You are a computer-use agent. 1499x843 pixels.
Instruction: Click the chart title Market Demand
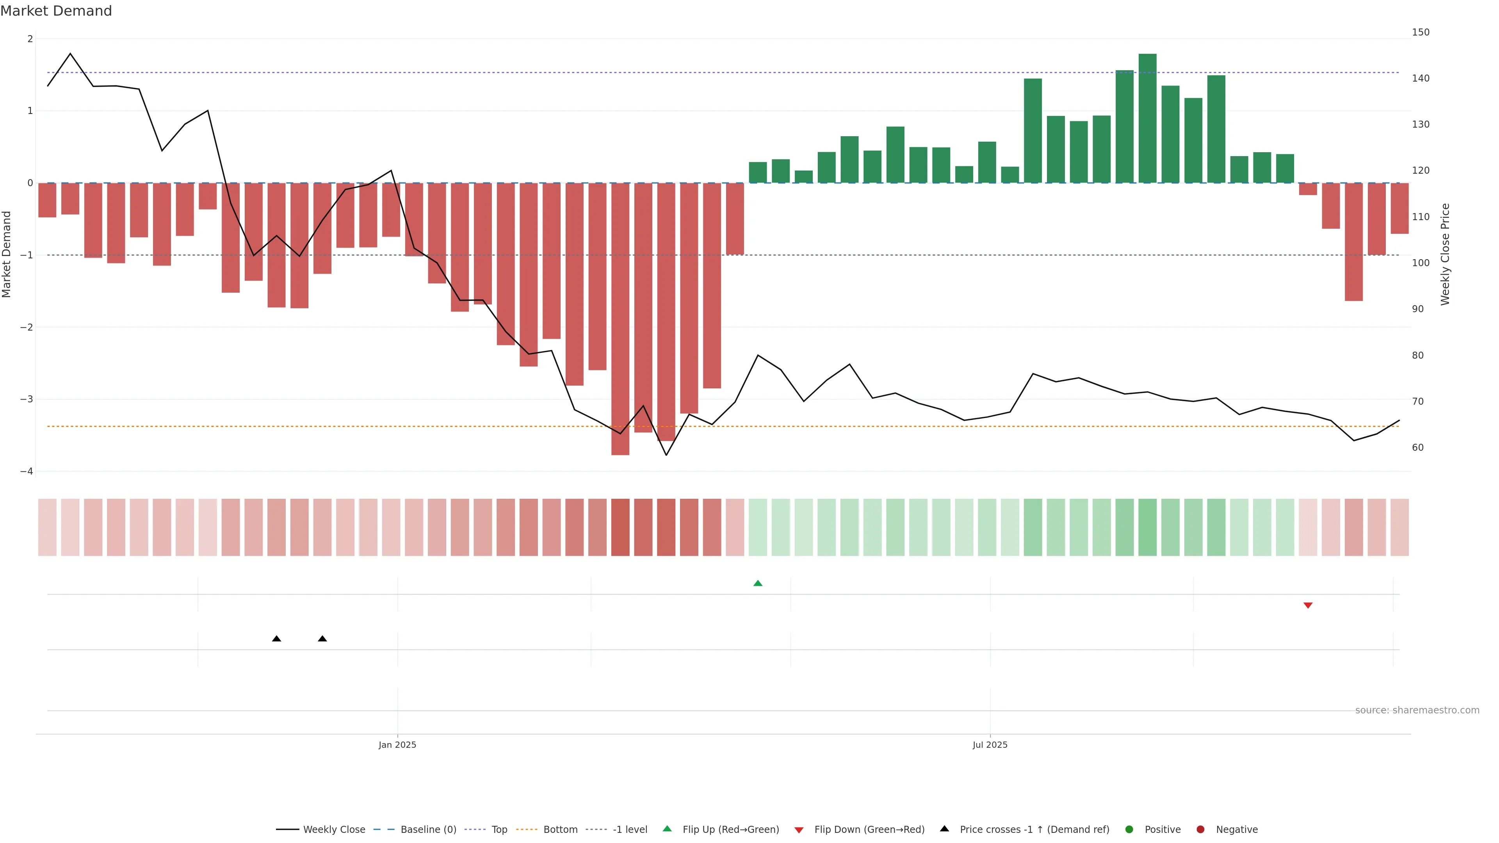point(56,11)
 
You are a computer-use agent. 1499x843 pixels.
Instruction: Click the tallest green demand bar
point(1147,118)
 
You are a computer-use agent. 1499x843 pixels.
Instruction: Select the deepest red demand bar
point(620,319)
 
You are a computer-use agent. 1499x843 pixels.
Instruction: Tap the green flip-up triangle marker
point(758,583)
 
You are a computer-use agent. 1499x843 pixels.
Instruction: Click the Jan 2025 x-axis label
point(397,745)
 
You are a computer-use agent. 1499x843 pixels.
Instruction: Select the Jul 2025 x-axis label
point(990,745)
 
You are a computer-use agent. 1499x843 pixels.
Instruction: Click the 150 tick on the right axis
point(1421,32)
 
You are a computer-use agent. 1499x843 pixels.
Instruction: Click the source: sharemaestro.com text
point(1417,710)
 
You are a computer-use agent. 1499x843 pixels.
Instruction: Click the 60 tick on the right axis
point(1417,447)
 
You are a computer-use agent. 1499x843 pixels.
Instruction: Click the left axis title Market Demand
point(6,254)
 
